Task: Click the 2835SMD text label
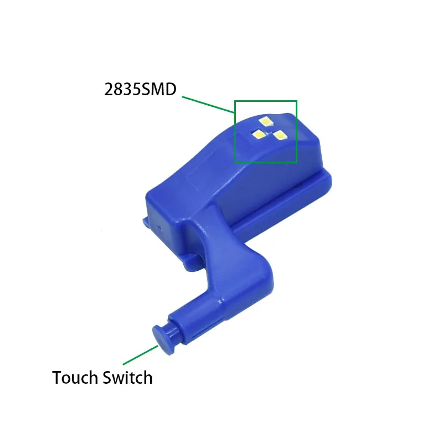coord(140,89)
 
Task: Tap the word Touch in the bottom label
coord(75,378)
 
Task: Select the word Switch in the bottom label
coord(127,378)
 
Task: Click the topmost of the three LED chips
coord(266,122)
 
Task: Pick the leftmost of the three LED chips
coord(259,135)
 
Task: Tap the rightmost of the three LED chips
coord(280,135)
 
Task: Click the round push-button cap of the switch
coord(163,339)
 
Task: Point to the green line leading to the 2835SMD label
coord(208,105)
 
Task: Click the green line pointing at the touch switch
coord(141,355)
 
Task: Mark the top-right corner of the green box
coord(296,101)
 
